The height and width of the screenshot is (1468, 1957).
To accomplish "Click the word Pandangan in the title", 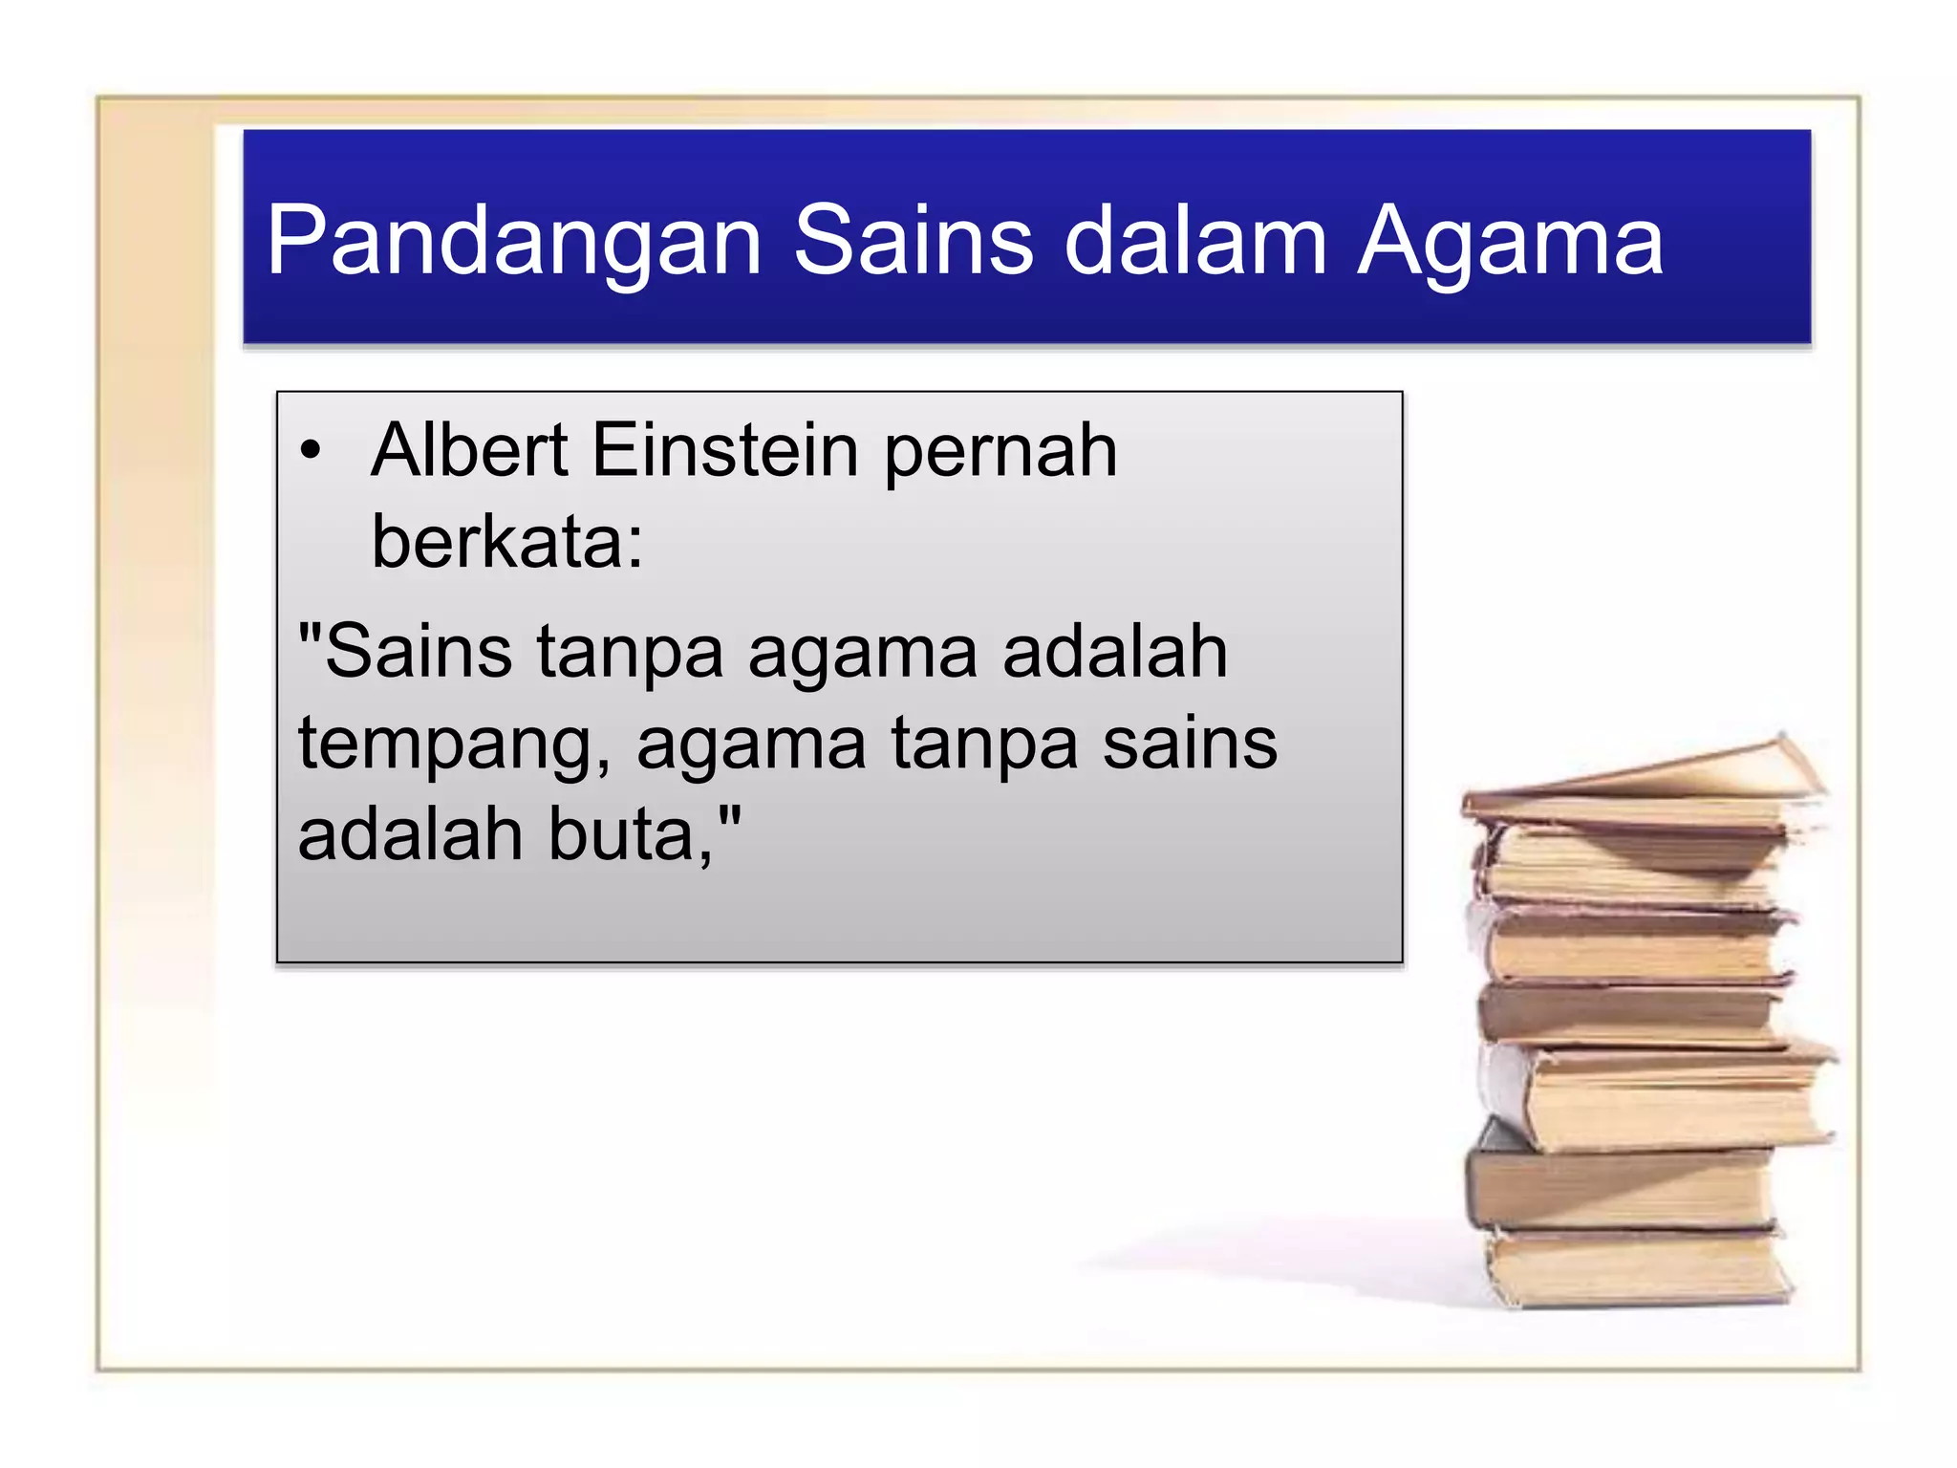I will pos(513,242).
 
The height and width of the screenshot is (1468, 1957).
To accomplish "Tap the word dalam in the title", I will pos(1194,242).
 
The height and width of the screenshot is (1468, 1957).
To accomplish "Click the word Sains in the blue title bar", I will pos(913,240).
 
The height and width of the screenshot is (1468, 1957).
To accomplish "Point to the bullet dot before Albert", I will pos(310,449).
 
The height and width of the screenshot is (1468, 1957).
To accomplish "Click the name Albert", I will pos(470,449).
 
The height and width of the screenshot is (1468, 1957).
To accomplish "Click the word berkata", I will pos(495,542).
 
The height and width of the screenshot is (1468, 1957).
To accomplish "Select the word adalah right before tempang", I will pos(1114,652).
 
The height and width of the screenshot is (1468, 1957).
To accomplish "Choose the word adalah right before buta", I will pos(410,834).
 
